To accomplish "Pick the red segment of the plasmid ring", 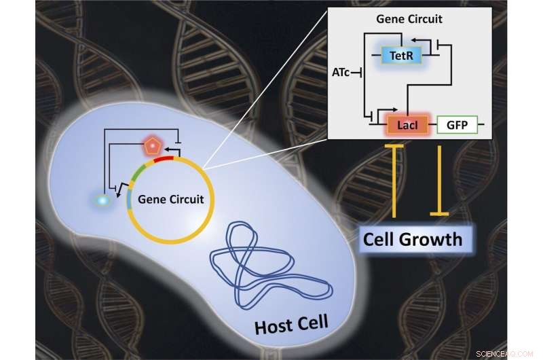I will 164,160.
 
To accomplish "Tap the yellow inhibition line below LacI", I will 394,180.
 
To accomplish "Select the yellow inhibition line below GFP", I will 441,180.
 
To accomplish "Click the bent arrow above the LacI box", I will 385,109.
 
